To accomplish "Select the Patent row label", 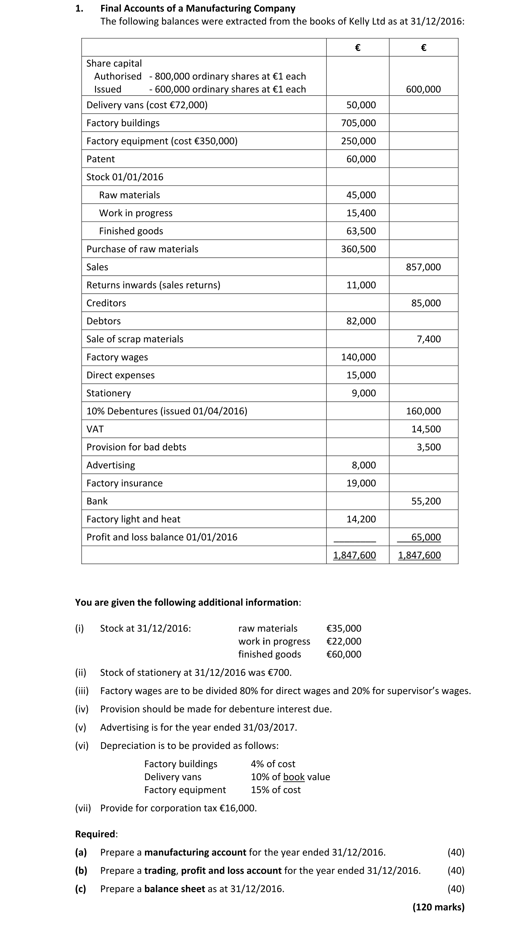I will point(100,159).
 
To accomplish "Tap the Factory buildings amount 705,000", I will point(358,123).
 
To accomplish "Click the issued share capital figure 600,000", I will point(423,89).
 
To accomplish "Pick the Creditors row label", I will point(106,303).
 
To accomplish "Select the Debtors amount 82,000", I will point(361,321).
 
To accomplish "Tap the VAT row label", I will point(95,429).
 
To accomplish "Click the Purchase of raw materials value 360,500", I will point(358,249).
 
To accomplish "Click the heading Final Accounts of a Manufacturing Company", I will point(198,8).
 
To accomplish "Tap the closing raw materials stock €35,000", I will point(344,628).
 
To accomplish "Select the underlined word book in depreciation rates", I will point(294,777).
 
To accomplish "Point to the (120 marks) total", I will point(438,907).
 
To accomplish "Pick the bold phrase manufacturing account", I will point(195,852).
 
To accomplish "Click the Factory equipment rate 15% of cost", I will point(275,790).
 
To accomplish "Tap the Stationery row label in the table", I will point(109,393).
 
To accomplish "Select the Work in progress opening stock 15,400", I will point(361,213).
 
